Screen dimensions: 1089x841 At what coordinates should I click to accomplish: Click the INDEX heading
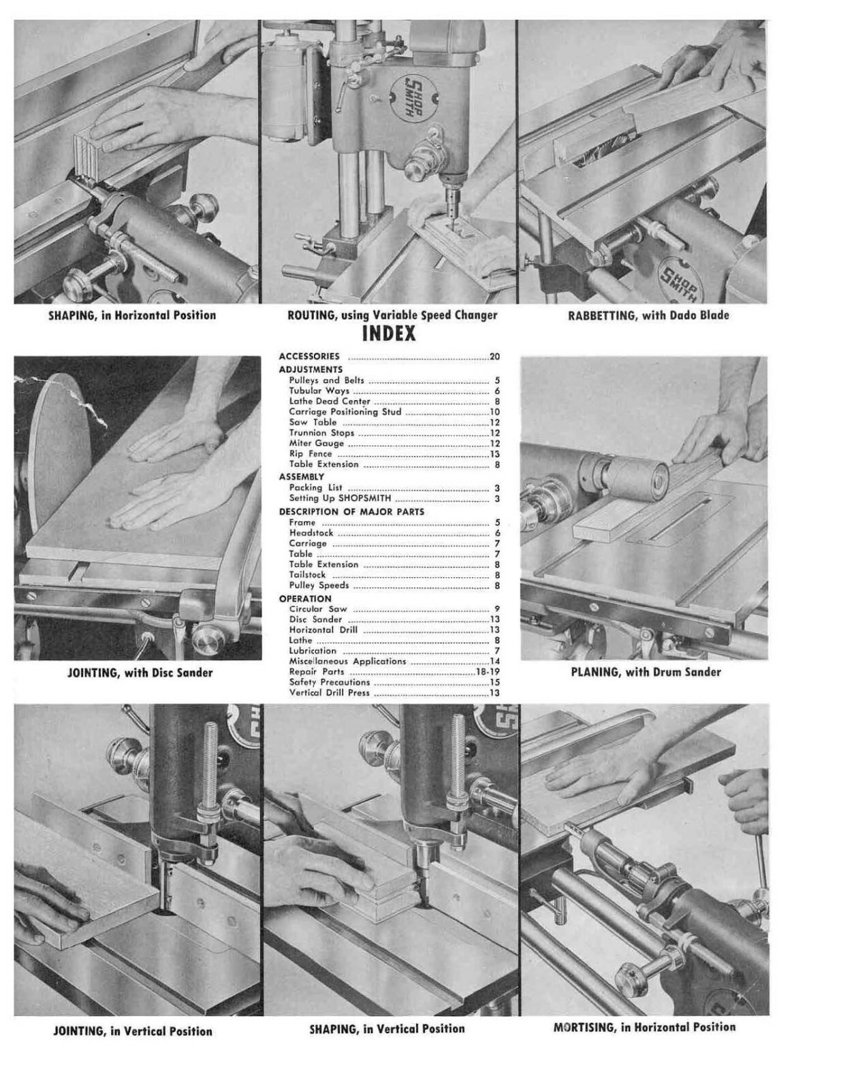coord(388,334)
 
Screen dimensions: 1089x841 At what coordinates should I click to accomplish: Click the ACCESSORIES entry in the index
coord(309,356)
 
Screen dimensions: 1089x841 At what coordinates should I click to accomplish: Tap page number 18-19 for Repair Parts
coord(488,672)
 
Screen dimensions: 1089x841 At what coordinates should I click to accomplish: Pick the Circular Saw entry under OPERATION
coord(318,609)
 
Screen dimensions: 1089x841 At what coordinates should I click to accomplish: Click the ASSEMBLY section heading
coord(302,476)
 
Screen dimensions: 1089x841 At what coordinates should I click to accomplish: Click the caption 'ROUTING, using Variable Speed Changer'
coord(392,315)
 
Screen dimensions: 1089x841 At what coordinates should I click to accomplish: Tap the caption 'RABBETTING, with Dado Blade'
coord(648,315)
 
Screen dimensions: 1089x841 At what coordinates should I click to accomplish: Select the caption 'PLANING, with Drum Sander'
coord(645,672)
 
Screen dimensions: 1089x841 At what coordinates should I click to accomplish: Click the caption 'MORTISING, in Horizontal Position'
coord(644,1027)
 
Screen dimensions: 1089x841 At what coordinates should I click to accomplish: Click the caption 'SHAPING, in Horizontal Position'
coord(132,315)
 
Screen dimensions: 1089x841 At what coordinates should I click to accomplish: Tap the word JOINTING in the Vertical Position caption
coord(78,1031)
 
